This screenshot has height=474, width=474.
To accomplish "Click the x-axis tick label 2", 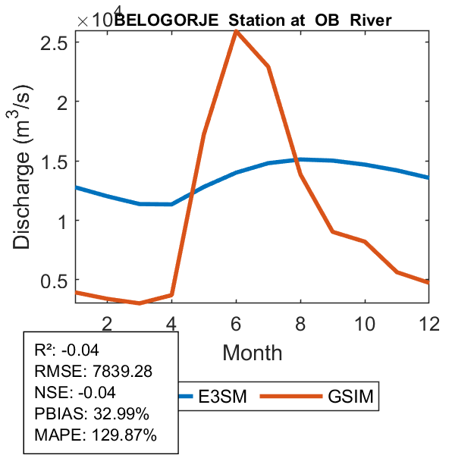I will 107,323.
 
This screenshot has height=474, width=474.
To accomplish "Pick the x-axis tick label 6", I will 236,323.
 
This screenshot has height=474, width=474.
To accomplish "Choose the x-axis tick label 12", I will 429,323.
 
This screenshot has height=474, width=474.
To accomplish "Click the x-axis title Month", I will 253,352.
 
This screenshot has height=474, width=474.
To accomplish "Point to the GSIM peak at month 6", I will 236,31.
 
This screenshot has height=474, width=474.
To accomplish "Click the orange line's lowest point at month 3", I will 140,303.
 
